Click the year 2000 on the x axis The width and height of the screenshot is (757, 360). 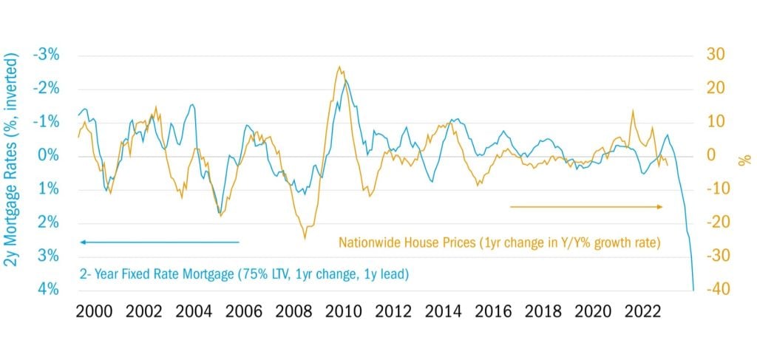coord(95,311)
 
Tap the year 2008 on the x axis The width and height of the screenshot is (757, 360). coord(293,311)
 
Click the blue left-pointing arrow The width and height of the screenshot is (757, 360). coord(159,242)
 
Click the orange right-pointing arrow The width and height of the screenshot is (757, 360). coord(587,207)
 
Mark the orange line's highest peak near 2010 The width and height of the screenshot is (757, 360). coord(339,67)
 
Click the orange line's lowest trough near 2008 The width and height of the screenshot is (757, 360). coord(305,238)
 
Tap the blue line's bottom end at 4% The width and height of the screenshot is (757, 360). coord(693,289)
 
